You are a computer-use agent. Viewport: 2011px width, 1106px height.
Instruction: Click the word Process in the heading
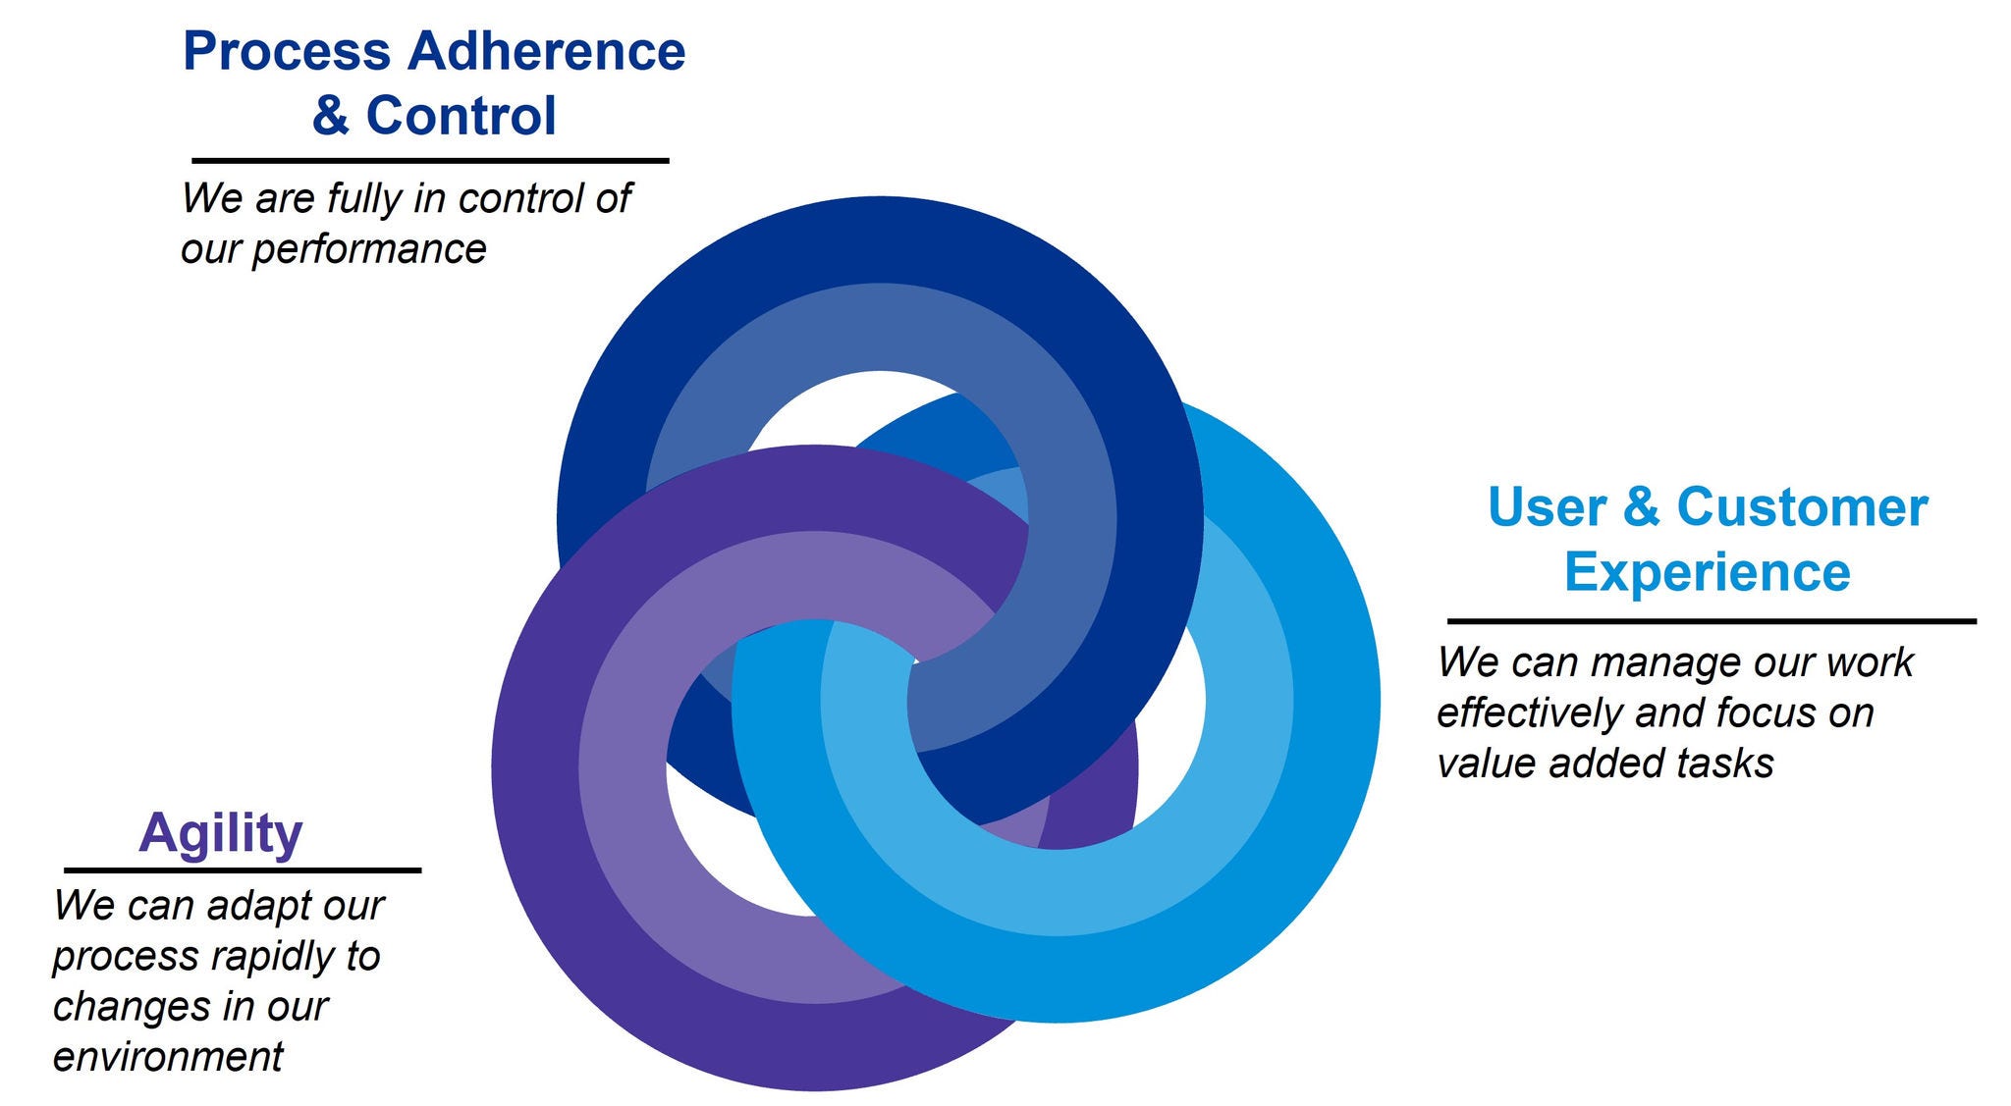click(287, 51)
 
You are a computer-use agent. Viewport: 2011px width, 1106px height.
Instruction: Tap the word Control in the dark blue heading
click(461, 116)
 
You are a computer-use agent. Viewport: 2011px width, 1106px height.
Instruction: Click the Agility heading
click(221, 834)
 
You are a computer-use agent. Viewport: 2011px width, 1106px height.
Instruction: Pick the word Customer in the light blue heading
click(1802, 507)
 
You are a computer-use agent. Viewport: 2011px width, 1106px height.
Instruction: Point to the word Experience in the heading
click(1708, 571)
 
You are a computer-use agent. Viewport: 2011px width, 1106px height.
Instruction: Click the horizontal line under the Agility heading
click(243, 870)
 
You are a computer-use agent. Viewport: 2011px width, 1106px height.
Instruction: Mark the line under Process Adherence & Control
click(430, 160)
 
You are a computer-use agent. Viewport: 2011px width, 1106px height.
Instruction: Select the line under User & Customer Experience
click(1712, 621)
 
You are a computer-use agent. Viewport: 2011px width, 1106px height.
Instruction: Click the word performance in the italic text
click(369, 250)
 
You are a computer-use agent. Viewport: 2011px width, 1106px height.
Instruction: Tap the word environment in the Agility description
click(168, 1057)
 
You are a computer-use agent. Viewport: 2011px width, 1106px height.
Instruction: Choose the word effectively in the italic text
click(1530, 713)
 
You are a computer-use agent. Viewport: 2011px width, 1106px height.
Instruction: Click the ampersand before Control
click(331, 116)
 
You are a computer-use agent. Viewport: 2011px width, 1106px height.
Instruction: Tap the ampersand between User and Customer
click(1642, 507)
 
